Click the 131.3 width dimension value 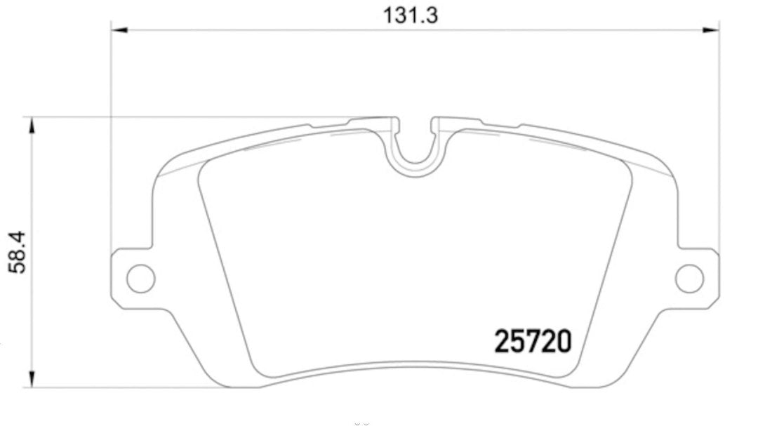click(x=411, y=15)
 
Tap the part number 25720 click(x=534, y=342)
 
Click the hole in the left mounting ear click(x=140, y=278)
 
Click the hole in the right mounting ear click(x=689, y=278)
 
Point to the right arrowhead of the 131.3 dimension click(x=712, y=30)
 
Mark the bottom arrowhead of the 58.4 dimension click(x=30, y=378)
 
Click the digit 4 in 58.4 click(x=19, y=239)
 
